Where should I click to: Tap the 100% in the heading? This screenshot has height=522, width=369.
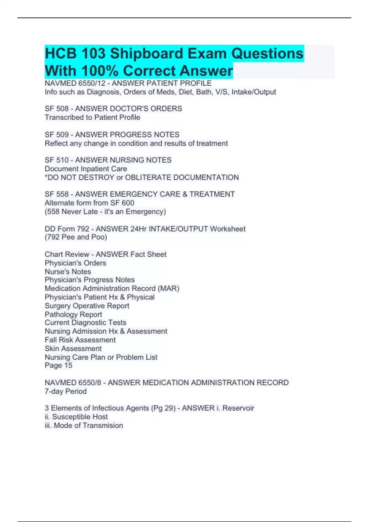pyautogui.click(x=100, y=71)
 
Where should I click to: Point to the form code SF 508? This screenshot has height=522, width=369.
pyautogui.click(x=57, y=109)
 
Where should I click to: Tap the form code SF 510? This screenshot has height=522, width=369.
pyautogui.click(x=57, y=160)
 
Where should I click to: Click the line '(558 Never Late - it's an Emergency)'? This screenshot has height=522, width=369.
pyautogui.click(x=105, y=212)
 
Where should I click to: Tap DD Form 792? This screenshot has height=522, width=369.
pyautogui.click(x=67, y=229)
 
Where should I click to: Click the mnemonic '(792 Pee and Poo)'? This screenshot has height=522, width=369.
pyautogui.click(x=76, y=237)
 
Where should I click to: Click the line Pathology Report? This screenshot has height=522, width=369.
pyautogui.click(x=73, y=314)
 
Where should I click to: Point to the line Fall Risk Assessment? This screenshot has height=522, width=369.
pyautogui.click(x=80, y=340)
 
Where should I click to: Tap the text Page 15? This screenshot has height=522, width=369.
pyautogui.click(x=58, y=365)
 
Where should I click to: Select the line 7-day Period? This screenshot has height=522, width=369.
pyautogui.click(x=65, y=391)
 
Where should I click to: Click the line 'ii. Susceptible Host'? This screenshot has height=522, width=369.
pyautogui.click(x=76, y=417)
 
